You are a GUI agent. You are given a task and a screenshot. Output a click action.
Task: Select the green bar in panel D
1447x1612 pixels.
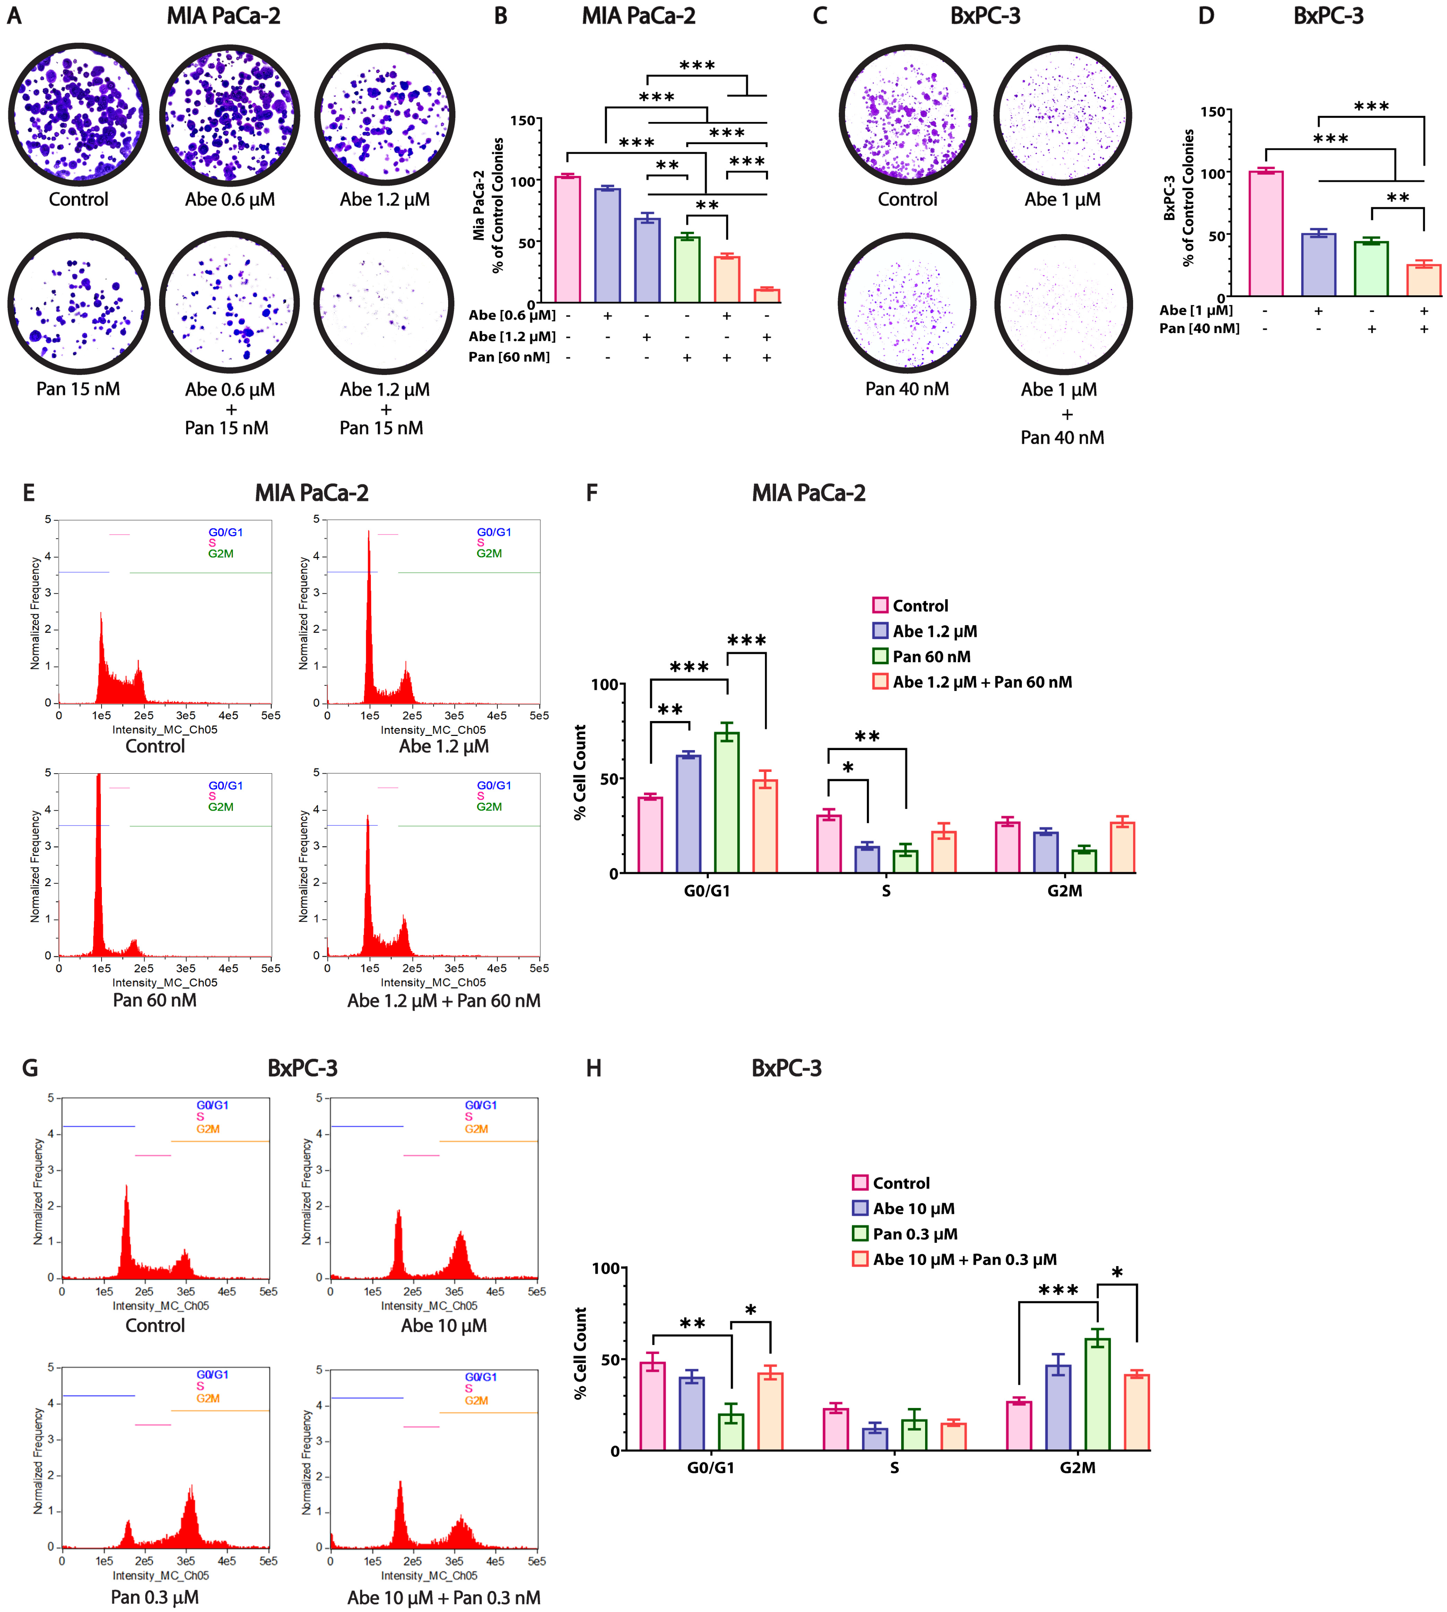pyautogui.click(x=1371, y=269)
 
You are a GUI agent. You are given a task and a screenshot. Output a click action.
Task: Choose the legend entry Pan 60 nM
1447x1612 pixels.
pyautogui.click(x=931, y=657)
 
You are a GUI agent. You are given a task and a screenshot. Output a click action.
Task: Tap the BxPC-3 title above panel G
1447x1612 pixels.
pyautogui.click(x=302, y=1068)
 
